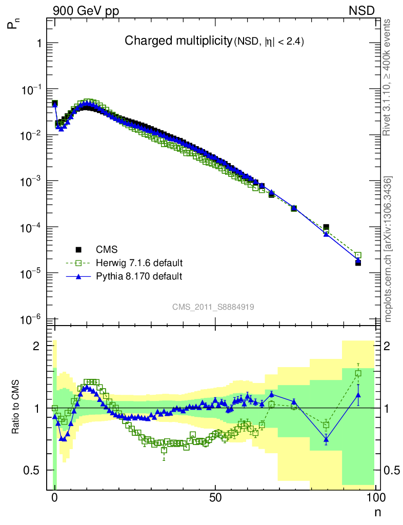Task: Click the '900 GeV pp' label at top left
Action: tap(82, 11)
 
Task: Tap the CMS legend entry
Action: tap(107, 250)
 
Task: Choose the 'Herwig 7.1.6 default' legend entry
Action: tap(139, 263)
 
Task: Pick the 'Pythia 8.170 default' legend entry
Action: tap(139, 276)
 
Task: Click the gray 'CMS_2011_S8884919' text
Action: tap(213, 307)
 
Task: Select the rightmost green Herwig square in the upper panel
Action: tap(358, 255)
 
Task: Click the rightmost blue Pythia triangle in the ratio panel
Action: tap(358, 394)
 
